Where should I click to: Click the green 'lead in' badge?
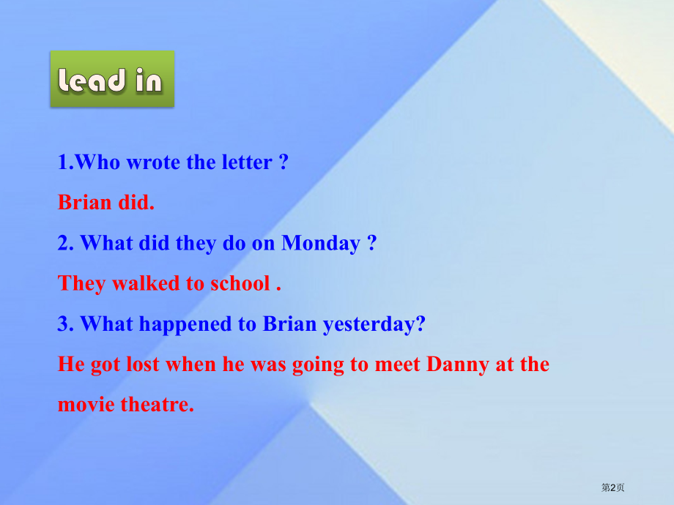[112, 78]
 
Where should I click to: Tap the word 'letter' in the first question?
[247, 162]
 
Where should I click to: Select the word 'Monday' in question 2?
[321, 244]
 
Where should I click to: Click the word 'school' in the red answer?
[240, 283]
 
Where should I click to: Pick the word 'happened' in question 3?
[185, 324]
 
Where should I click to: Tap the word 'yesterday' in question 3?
[369, 324]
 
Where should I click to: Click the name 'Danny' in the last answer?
[457, 364]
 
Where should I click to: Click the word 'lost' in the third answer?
[142, 364]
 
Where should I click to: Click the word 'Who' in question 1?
[97, 162]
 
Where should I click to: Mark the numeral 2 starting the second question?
[63, 243]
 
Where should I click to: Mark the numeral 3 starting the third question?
[63, 323]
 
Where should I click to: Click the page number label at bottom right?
[612, 487]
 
